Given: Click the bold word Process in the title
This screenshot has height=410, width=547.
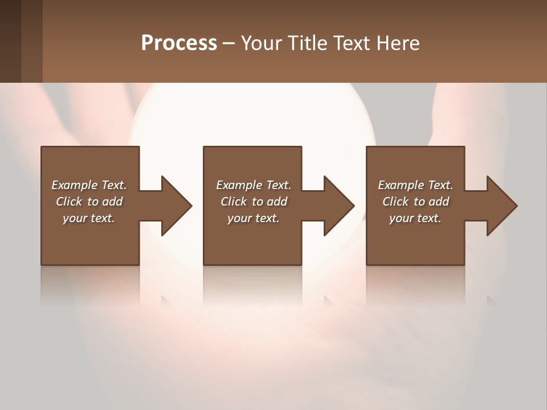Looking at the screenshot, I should pos(179,43).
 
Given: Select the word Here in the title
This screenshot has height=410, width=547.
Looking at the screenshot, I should pos(399,43).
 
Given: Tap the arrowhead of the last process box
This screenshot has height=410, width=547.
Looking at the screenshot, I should pos(501,206).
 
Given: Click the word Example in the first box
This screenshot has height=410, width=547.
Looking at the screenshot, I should pos(75,185).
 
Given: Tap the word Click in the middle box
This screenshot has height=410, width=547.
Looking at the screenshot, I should pos(233,202).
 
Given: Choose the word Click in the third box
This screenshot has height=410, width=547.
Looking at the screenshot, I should pos(395,202).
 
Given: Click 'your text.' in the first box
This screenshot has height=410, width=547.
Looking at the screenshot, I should pos(89,218).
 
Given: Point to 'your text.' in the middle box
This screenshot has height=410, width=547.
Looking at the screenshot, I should pos(254,218).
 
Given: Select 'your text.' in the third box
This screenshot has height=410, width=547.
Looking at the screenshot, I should pos(415,218).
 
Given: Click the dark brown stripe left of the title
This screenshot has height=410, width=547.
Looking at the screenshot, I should pos(10,41).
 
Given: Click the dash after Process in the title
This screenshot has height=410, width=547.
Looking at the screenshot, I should pos(228,43).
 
